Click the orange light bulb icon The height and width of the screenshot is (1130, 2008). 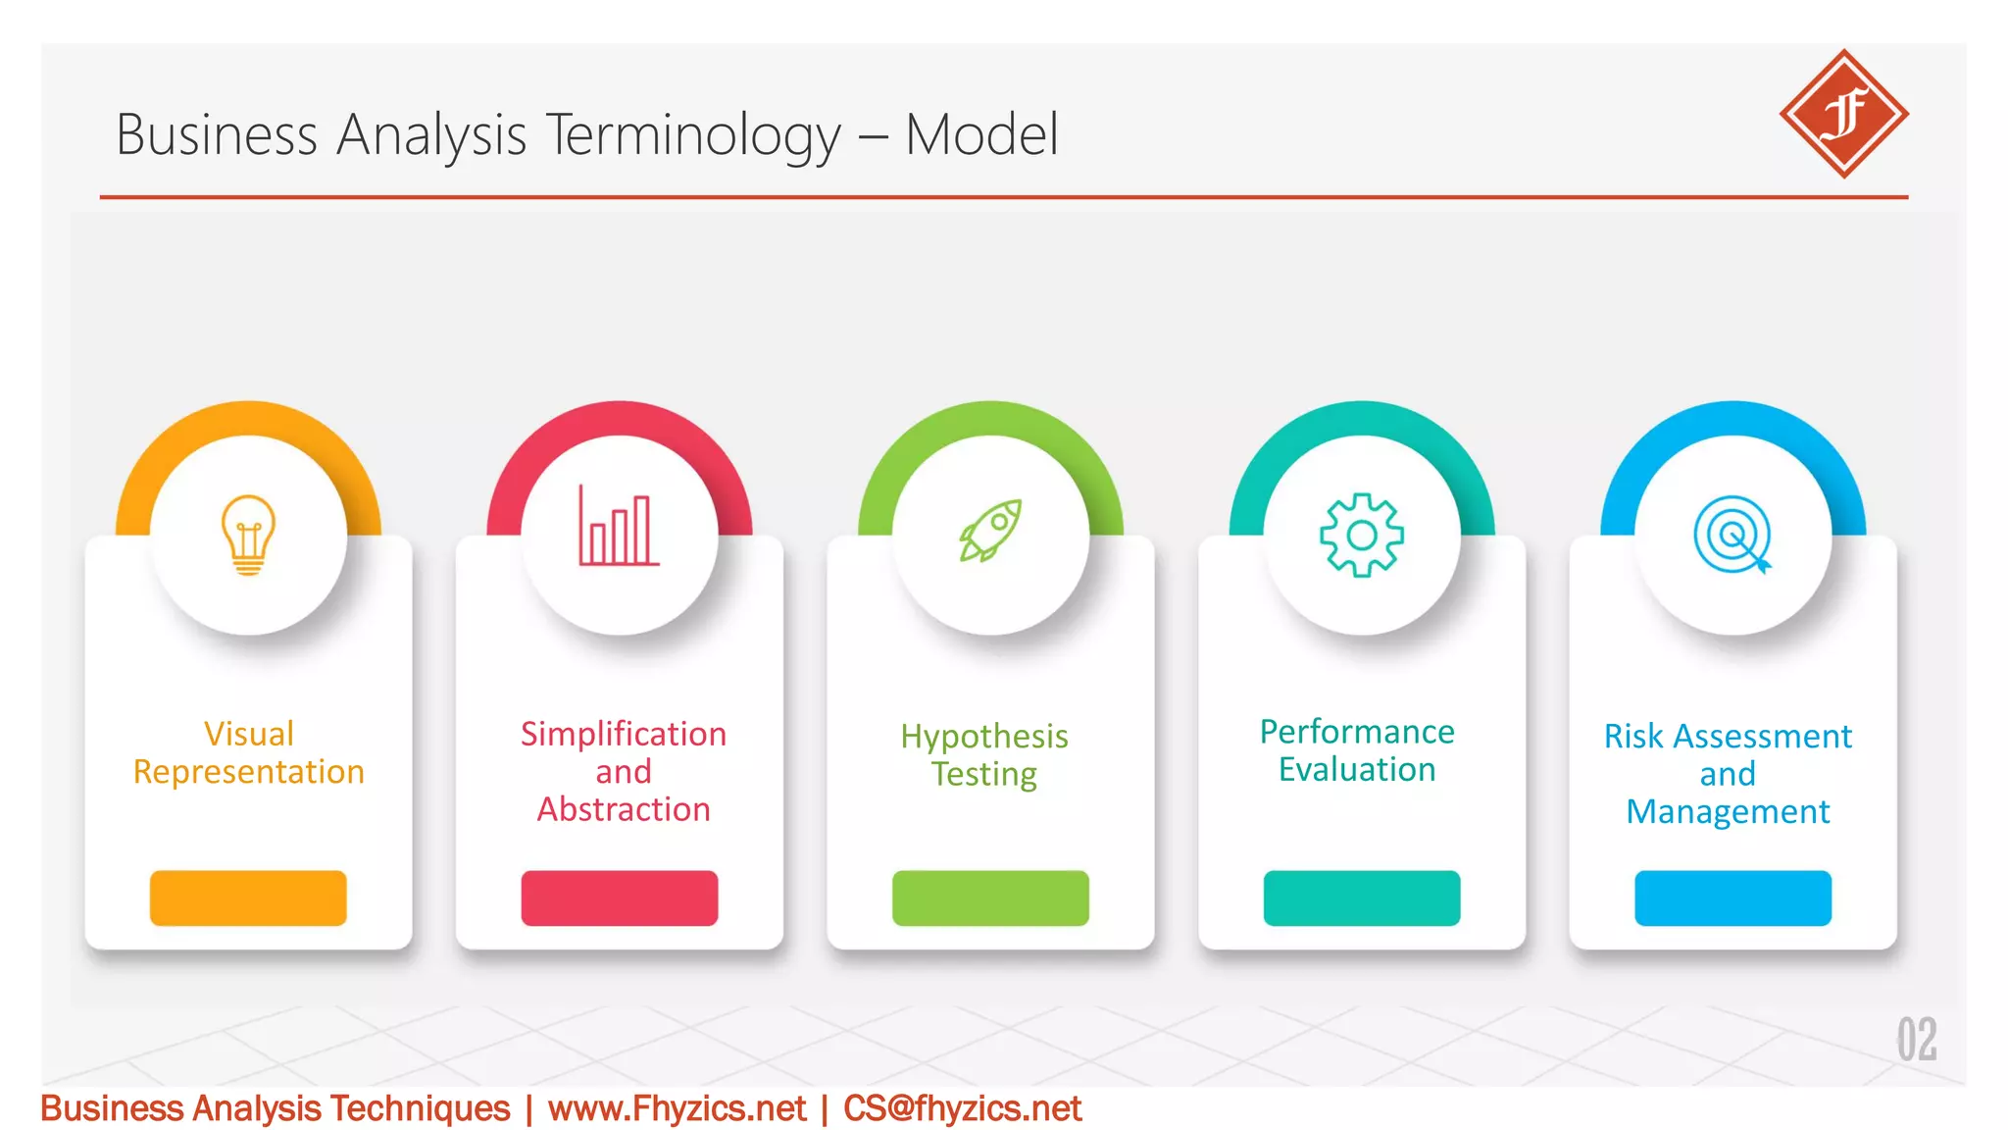click(x=248, y=535)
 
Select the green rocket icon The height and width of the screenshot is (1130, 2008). click(x=990, y=531)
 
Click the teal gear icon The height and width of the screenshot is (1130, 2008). click(x=1361, y=535)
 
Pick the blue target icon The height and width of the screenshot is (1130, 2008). click(x=1732, y=535)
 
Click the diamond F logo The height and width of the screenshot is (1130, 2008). click(x=1843, y=114)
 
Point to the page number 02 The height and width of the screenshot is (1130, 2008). click(x=1916, y=1040)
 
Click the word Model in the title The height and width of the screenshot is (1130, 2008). click(x=981, y=134)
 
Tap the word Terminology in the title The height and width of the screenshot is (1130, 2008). click(x=692, y=134)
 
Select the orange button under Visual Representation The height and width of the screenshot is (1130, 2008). click(x=248, y=898)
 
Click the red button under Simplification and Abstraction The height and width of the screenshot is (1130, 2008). click(x=619, y=898)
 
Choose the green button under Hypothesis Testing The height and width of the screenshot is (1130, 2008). click(x=990, y=898)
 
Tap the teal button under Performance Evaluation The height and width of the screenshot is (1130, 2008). click(x=1361, y=898)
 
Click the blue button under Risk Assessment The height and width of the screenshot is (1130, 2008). click(x=1732, y=898)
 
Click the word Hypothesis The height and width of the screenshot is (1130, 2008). click(x=984, y=737)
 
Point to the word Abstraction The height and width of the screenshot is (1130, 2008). click(x=624, y=809)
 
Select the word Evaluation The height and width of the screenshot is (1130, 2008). click(x=1357, y=770)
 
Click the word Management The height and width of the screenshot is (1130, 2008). click(x=1728, y=812)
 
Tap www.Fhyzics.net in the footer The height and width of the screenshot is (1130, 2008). click(x=677, y=1108)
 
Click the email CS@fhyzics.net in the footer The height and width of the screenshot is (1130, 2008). click(x=962, y=1108)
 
